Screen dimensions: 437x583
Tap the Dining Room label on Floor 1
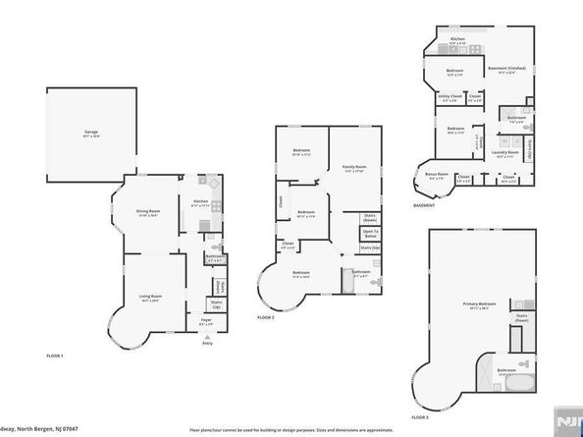click(x=148, y=213)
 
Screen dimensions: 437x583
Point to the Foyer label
click(x=207, y=321)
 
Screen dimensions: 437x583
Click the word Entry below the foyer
click(x=207, y=343)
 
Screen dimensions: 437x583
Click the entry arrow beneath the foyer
click(x=207, y=335)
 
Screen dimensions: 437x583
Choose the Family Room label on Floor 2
click(x=353, y=169)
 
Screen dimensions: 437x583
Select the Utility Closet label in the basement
click(x=450, y=97)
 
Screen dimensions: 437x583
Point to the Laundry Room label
click(x=505, y=154)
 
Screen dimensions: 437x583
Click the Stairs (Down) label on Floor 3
click(x=521, y=317)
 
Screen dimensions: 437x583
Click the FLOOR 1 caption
click(x=55, y=355)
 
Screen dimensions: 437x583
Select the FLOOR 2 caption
click(x=266, y=318)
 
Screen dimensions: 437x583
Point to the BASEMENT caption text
click(x=424, y=206)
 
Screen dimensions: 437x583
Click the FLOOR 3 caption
click(x=420, y=417)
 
